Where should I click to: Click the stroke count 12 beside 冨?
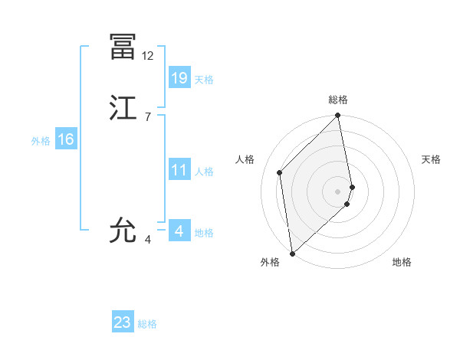pos(148,56)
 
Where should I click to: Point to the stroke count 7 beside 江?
pos(147,116)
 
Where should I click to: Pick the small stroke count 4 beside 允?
pos(148,240)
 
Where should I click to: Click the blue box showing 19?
pos(179,78)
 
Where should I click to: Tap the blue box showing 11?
pos(179,170)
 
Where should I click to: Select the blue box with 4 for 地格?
pos(179,231)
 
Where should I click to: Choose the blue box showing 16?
pos(66,139)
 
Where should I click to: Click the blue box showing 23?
pos(123,322)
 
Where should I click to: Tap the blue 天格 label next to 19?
pos(204,79)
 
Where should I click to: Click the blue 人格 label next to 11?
pos(204,172)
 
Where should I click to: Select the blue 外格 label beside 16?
pos(41,141)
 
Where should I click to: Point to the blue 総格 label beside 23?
pos(147,324)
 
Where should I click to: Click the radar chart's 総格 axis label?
pos(338,100)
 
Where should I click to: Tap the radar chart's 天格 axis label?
pos(431,159)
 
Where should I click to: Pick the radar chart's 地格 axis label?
pos(402,263)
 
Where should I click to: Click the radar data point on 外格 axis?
pos(292,253)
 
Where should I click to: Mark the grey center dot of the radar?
pos(338,191)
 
